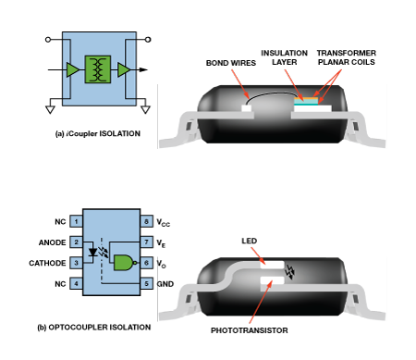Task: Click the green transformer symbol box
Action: click(98, 69)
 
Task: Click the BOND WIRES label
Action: click(231, 63)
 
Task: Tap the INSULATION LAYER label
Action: click(284, 57)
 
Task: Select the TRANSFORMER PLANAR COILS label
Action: click(347, 57)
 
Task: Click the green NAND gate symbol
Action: click(125, 263)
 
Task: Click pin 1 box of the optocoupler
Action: click(76, 221)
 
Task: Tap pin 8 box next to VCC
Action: click(147, 221)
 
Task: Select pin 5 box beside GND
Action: click(147, 283)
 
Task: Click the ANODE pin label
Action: click(52, 242)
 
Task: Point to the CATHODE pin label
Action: click(47, 263)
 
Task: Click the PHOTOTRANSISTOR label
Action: click(250, 330)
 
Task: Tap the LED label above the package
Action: click(250, 241)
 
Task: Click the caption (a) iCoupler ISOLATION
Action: click(98, 133)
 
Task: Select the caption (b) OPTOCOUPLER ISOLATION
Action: click(94, 328)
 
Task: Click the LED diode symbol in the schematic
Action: click(92, 253)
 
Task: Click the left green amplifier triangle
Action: click(73, 69)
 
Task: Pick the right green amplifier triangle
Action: click(124, 69)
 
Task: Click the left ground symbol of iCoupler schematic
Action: click(50, 109)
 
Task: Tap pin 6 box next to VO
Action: click(147, 263)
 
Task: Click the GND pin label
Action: click(165, 284)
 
